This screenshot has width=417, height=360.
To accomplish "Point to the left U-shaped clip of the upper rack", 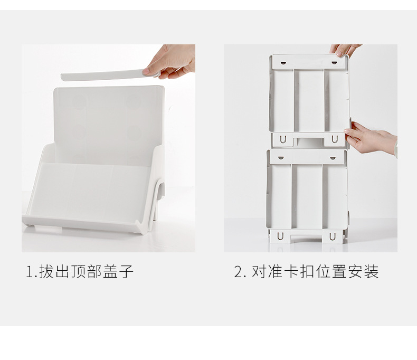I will pyautogui.click(x=283, y=139).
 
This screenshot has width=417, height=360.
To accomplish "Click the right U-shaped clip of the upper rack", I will pyautogui.click(x=334, y=139).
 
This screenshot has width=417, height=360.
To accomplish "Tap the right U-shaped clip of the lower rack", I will pyautogui.click(x=333, y=236).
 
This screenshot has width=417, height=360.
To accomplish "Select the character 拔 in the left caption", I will pyautogui.click(x=46, y=272).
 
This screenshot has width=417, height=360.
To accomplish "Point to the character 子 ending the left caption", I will pyautogui.click(x=127, y=272).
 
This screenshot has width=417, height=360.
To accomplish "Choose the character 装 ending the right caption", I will pyautogui.click(x=372, y=272).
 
